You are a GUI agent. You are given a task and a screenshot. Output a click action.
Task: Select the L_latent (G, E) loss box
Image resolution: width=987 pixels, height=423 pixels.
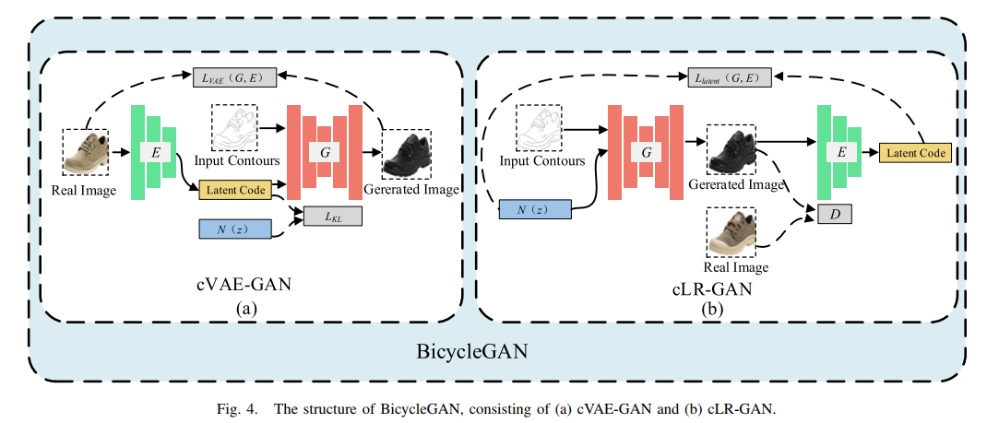[729, 78]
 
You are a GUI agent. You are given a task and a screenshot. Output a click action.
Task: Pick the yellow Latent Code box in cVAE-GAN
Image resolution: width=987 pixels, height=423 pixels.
[233, 190]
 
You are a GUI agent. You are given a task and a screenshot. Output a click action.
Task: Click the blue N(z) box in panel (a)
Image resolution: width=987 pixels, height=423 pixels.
[235, 228]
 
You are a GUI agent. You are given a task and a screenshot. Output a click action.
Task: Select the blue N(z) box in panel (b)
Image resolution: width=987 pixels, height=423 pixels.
[535, 209]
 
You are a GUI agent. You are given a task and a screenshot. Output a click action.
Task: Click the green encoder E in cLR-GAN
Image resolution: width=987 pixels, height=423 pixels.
[839, 152]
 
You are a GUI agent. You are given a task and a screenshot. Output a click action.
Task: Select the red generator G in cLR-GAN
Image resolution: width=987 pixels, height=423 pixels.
[646, 150]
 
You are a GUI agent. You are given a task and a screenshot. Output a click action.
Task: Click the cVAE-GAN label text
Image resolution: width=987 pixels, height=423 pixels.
[246, 284]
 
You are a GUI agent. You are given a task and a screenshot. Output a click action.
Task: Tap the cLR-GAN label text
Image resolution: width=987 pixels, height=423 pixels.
[711, 289]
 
